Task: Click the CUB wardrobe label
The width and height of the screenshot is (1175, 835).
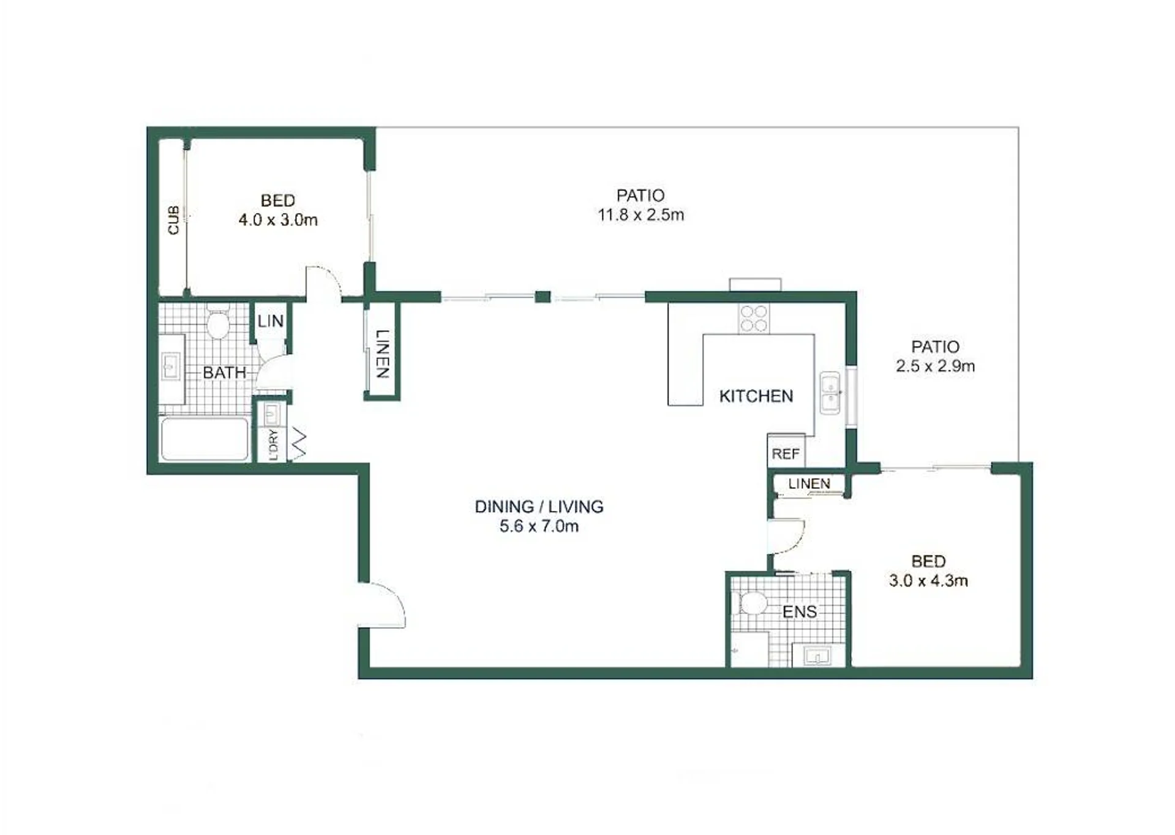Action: [174, 220]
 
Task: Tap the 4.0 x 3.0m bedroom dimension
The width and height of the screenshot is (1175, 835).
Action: [278, 220]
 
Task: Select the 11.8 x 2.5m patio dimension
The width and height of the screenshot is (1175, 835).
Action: [640, 215]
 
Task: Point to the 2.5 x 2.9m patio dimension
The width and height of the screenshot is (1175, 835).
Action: [935, 366]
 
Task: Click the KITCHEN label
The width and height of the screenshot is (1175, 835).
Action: [756, 396]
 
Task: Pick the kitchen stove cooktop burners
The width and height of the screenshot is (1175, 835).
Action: [754, 319]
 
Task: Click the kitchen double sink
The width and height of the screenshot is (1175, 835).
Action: [830, 393]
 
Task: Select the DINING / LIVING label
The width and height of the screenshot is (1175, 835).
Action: [539, 507]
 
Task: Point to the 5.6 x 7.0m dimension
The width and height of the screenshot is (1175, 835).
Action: [539, 526]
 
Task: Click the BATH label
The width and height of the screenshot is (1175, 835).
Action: [224, 372]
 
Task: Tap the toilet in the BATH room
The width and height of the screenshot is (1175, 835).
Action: [218, 321]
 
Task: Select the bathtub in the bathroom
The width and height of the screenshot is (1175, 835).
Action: [205, 439]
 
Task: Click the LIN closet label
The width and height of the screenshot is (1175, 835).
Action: [270, 321]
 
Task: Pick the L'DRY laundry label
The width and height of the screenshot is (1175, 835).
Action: [273, 445]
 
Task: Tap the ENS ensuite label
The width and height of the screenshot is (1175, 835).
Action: [799, 611]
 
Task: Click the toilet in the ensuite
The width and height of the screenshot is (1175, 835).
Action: [752, 603]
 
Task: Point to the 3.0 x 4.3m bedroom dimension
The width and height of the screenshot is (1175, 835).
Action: [928, 581]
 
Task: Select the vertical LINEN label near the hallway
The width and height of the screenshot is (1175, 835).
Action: [382, 354]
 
